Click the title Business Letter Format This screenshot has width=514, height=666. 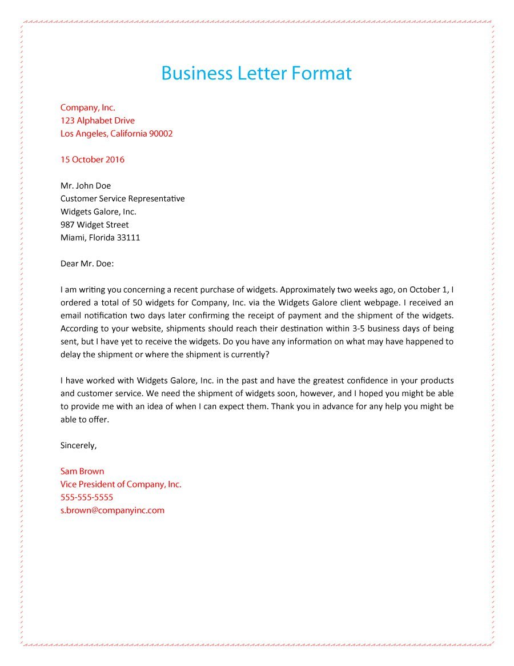pos(256,73)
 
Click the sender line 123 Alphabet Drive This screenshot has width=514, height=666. pos(98,121)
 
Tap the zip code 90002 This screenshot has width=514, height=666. pos(161,134)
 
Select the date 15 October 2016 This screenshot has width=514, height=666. pos(93,159)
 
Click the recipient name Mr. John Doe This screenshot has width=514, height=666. pos(86,186)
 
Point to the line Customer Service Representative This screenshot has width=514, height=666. pos(123,199)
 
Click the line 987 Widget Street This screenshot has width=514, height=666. pos(95,225)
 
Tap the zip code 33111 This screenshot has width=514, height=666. pos(128,238)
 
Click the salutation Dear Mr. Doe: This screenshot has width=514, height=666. pos(87,264)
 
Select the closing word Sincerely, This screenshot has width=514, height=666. pos(79,445)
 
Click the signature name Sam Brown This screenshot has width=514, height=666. pos(82,472)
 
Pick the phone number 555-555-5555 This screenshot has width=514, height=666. pos(87,497)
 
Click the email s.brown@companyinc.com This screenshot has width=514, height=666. pos(113,511)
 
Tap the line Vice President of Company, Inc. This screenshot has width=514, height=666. pos(121,485)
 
